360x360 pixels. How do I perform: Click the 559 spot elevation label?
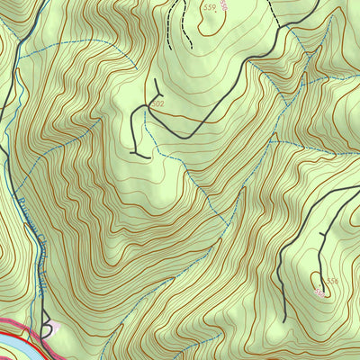coord(210,7)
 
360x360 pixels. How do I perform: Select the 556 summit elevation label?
coord(332,282)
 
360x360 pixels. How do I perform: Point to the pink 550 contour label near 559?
coord(223,6)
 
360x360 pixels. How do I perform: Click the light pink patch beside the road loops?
coord(54,328)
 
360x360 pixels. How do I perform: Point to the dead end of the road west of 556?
coord(283,320)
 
